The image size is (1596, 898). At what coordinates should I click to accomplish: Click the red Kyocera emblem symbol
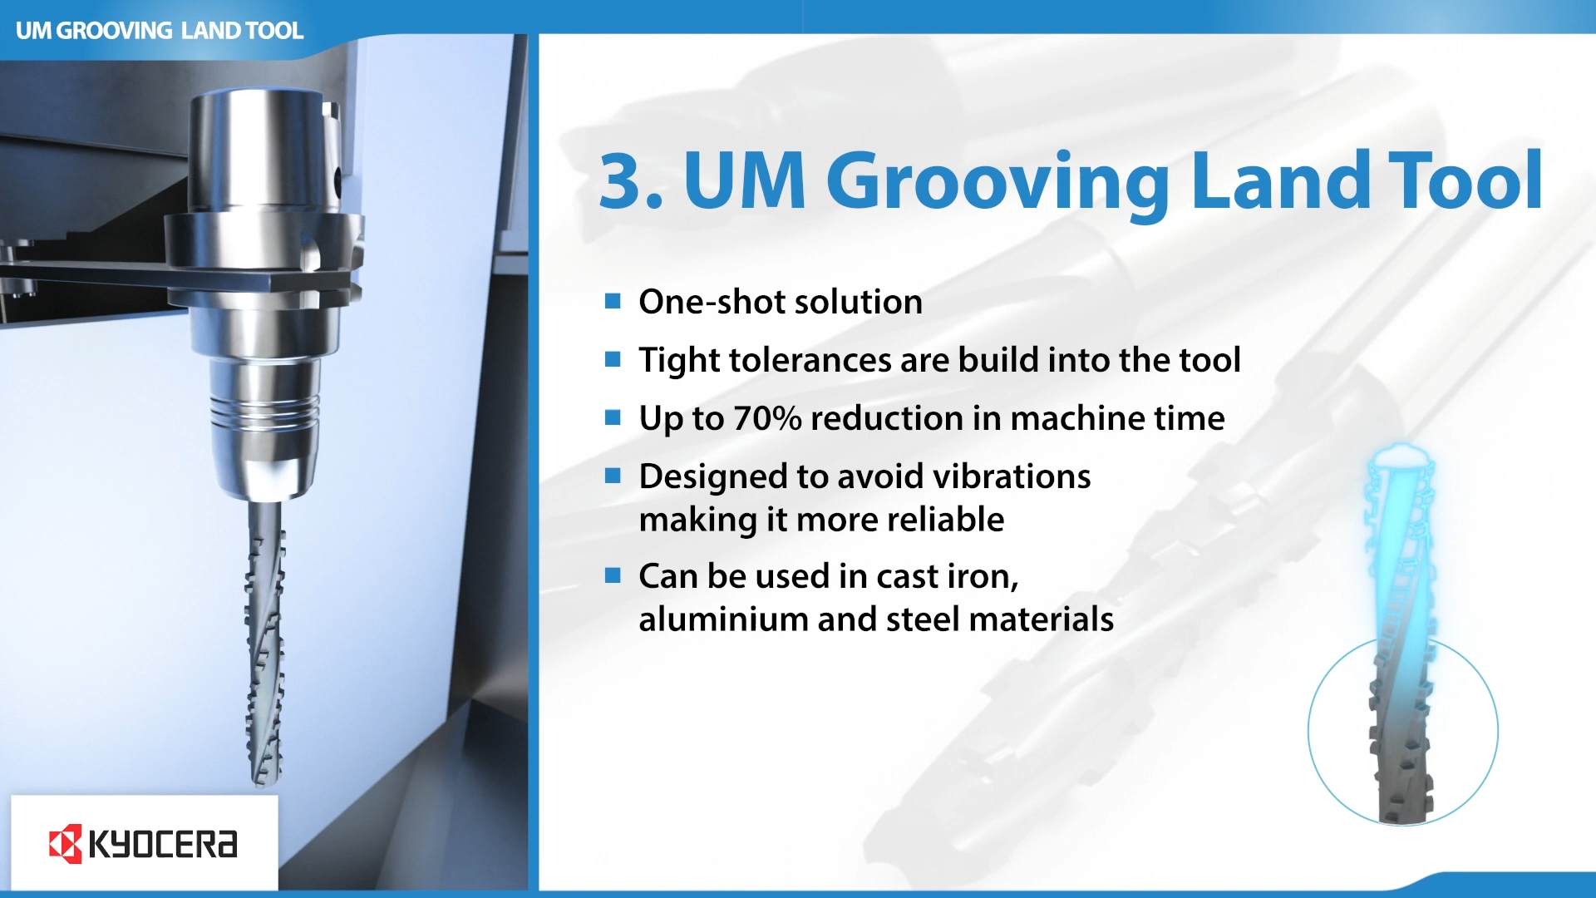click(66, 844)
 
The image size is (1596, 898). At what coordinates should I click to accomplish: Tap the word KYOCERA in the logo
click(163, 844)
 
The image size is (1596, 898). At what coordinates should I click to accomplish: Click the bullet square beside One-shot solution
click(613, 301)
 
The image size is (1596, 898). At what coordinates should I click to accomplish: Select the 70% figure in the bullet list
click(767, 418)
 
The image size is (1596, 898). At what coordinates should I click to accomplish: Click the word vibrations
click(1012, 476)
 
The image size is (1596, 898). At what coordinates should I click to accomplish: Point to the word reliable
click(946, 520)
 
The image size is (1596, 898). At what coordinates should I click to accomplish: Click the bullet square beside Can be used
click(613, 575)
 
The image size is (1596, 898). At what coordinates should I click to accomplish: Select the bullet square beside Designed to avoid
click(613, 476)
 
